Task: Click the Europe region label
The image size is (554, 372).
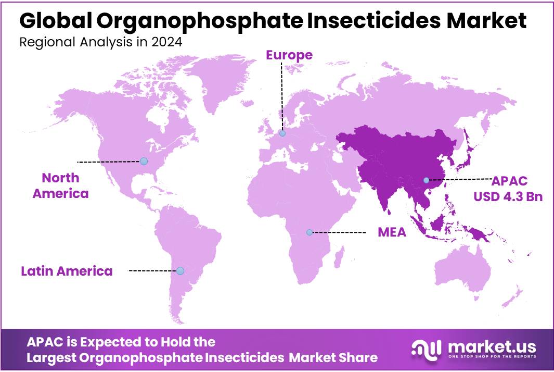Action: (289, 55)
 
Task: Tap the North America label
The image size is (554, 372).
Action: (60, 185)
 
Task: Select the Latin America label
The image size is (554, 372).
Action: (67, 271)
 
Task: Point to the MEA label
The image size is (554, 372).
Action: (392, 232)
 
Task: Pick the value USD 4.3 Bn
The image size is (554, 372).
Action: (508, 197)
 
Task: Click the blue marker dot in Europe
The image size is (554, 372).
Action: (282, 133)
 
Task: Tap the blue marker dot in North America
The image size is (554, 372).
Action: (144, 161)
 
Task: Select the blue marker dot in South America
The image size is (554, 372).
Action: (180, 271)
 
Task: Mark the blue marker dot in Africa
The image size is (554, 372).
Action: (310, 232)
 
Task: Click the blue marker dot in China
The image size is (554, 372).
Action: (426, 180)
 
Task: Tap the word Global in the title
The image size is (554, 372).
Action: (56, 21)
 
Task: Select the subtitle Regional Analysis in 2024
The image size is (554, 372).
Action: (101, 42)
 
